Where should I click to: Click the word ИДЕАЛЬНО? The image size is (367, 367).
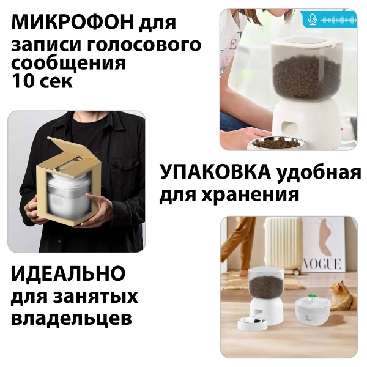point(69,273)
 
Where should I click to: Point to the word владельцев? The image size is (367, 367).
point(71,319)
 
